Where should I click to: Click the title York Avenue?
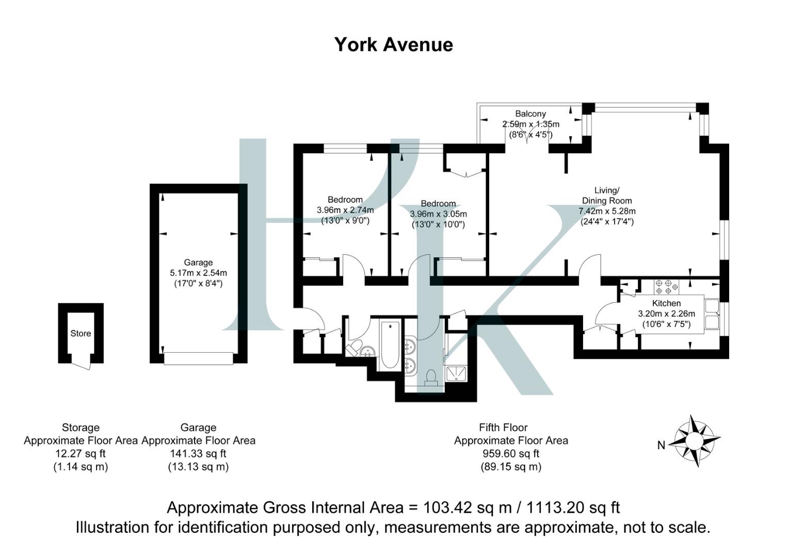tap(393, 45)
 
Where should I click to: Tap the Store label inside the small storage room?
tap(81, 334)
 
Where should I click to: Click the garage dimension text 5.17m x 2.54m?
tap(198, 273)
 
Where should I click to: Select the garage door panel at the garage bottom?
tap(198, 358)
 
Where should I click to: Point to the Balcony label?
tap(530, 113)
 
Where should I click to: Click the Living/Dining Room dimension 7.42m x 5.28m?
tap(607, 211)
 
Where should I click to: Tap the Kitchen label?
tap(666, 303)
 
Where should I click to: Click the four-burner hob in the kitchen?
tap(666, 287)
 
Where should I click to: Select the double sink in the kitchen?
tap(713, 315)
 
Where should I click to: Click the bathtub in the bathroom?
tap(390, 345)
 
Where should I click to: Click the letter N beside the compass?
tap(661, 445)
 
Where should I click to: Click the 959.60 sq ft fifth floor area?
tap(510, 454)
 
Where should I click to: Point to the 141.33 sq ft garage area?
tap(198, 454)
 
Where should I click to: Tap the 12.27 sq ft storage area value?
tap(81, 454)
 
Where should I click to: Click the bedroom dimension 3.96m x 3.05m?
tap(438, 214)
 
